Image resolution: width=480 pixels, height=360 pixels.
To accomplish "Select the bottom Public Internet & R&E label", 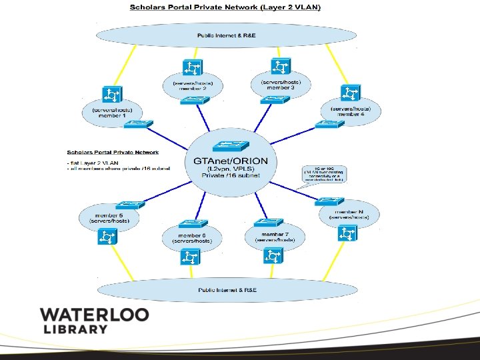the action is [227, 290].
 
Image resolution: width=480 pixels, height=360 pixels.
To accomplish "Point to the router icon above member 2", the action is [193, 68].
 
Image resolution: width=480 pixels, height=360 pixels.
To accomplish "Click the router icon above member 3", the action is [279, 66].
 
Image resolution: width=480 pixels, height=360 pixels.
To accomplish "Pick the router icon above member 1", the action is [111, 93].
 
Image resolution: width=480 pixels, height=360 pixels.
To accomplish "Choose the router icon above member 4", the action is [350, 92].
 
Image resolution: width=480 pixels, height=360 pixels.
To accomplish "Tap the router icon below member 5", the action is [107, 236].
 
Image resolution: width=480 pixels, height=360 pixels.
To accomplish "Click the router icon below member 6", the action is [192, 255].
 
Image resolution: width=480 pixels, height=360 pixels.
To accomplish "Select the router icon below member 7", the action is [273, 255].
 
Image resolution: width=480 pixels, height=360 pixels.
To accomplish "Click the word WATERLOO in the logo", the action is [94, 315].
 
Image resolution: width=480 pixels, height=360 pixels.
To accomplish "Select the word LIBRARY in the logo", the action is [75, 329].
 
